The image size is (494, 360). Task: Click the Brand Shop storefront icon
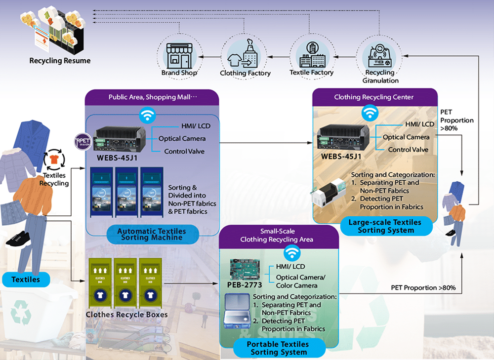(x=179, y=55)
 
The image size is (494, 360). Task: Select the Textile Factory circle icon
(x=311, y=54)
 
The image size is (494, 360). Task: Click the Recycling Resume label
(x=60, y=61)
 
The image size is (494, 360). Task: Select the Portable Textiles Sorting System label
(x=279, y=348)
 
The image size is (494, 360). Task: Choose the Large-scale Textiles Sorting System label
(x=385, y=226)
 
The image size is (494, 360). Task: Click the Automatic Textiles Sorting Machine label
(x=152, y=234)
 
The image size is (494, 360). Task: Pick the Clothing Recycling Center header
(x=374, y=97)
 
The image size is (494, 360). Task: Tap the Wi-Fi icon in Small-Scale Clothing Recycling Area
(x=291, y=253)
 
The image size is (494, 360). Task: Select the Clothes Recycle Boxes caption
(x=127, y=315)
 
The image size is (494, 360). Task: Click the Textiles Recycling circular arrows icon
(x=54, y=160)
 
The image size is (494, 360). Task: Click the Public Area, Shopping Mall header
(x=153, y=97)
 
